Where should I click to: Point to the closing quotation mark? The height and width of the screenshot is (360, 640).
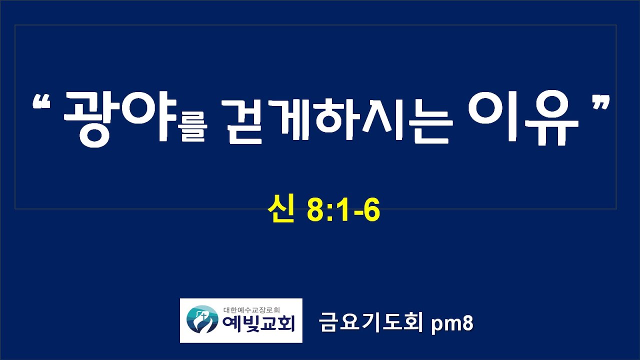(x=601, y=103)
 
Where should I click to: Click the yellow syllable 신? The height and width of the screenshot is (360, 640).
(x=281, y=208)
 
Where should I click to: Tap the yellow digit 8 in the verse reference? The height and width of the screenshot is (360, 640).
(x=314, y=210)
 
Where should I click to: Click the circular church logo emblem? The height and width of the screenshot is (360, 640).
(x=202, y=319)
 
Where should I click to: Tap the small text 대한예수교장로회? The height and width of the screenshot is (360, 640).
(x=251, y=309)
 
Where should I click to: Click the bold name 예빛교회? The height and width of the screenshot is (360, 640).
(x=258, y=324)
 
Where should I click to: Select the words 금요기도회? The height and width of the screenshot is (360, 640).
(x=370, y=322)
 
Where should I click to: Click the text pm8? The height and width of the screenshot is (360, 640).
(x=452, y=324)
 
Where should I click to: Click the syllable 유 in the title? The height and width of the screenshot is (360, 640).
(x=552, y=120)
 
